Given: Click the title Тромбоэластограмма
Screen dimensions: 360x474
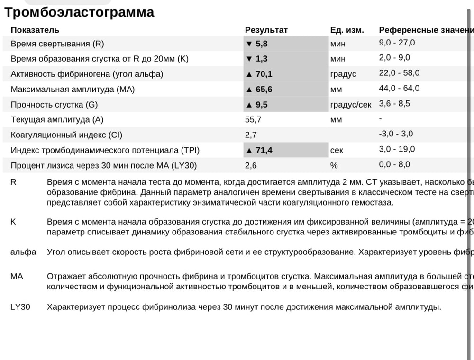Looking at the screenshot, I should tap(79, 12).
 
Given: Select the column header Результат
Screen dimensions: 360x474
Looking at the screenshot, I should tap(266, 30).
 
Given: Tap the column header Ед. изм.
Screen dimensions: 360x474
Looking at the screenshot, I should tap(347, 30).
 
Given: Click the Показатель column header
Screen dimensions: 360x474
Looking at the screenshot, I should tap(35, 30).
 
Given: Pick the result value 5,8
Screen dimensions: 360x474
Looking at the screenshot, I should tap(262, 44).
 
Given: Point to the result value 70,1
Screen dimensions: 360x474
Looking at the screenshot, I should tap(264, 74).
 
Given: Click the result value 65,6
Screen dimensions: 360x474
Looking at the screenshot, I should tap(264, 90).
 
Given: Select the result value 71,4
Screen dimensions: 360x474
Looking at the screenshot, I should tap(264, 151).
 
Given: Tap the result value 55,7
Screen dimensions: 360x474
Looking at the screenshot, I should tap(253, 120).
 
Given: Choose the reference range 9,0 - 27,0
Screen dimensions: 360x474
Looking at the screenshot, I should tap(397, 43).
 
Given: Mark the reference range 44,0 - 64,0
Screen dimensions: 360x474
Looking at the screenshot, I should tap(399, 88).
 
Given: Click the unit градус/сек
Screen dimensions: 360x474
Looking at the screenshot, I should tap(351, 105).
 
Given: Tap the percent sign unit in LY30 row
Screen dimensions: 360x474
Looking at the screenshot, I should tap(334, 166).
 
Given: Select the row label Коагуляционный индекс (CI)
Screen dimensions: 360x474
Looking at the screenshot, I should tap(66, 135).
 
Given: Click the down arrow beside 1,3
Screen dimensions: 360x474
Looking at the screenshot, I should tap(249, 59).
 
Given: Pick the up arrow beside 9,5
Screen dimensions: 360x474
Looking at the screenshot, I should tap(249, 105).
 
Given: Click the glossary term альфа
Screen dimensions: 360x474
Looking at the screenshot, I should tap(23, 252).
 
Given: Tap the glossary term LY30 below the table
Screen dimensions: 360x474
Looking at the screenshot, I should tap(20, 307).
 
